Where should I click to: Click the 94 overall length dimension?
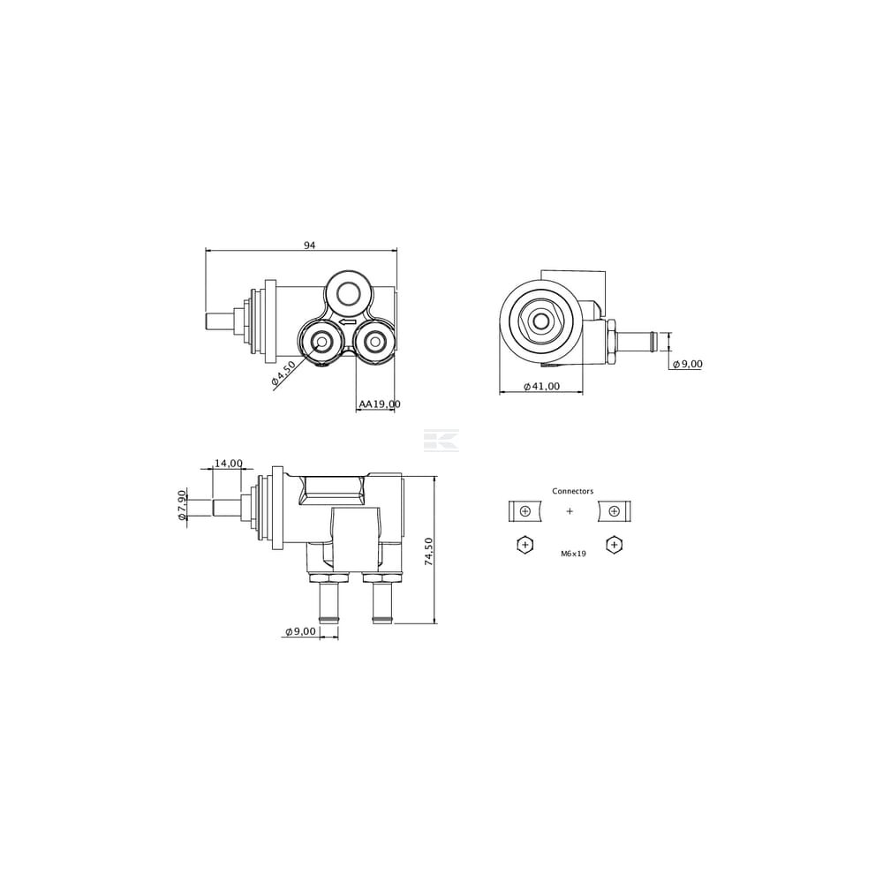click(309, 245)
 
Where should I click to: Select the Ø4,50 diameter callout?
click(283, 374)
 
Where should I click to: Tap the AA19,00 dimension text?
click(380, 404)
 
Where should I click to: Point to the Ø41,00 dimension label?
click(542, 387)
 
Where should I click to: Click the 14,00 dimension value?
click(228, 464)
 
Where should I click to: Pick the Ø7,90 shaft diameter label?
click(181, 505)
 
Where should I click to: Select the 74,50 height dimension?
click(428, 551)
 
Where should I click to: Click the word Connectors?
click(573, 491)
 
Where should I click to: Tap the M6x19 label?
click(573, 554)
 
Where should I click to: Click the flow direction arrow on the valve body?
click(347, 322)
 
